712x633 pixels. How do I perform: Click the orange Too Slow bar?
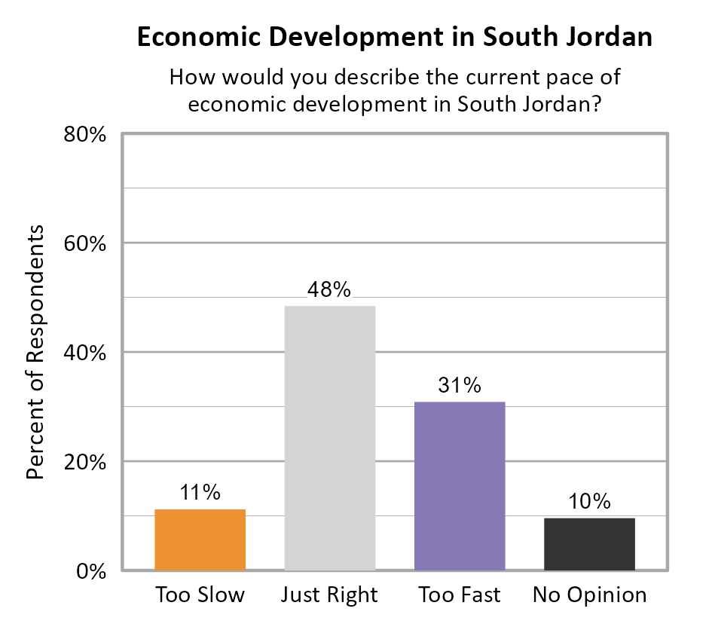(200, 540)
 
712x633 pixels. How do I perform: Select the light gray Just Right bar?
(329, 438)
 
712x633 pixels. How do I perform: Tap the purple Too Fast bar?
(460, 486)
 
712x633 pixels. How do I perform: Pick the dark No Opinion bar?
(589, 543)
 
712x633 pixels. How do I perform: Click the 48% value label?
(329, 290)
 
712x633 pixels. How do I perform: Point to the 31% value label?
(460, 386)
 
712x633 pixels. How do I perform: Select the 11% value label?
(200, 493)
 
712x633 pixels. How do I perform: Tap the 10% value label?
(589, 502)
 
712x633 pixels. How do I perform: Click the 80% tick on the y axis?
(85, 136)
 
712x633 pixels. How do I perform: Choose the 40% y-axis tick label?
(85, 353)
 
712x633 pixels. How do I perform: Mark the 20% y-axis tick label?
(85, 463)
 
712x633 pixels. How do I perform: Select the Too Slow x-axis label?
(200, 595)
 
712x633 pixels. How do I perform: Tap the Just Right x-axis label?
(329, 595)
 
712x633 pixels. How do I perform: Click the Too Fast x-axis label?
(460, 595)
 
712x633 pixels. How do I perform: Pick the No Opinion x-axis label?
(589, 595)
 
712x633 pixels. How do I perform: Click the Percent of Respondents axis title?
(35, 352)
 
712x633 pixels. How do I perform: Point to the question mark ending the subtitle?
(594, 103)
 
